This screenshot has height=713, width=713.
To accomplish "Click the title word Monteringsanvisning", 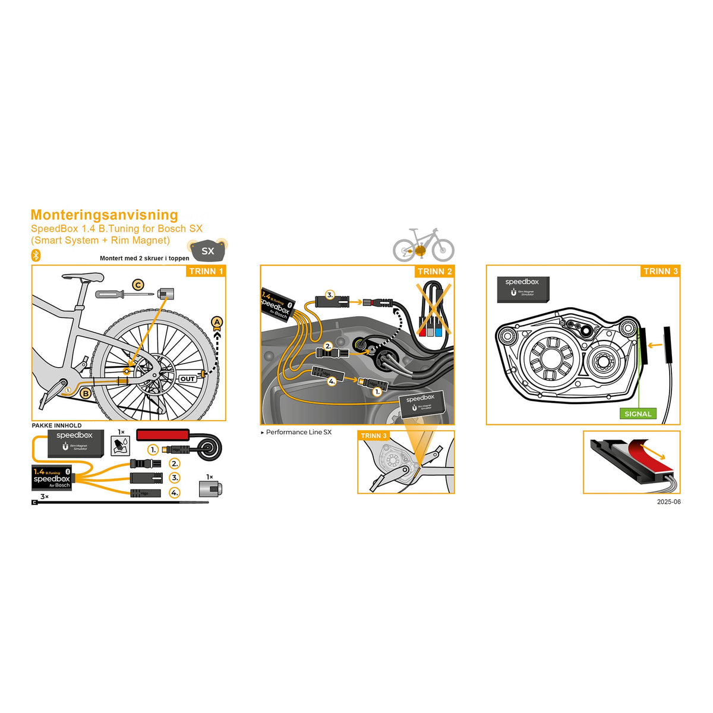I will pos(104,215).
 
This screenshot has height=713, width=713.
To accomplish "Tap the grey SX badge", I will pos(207,251).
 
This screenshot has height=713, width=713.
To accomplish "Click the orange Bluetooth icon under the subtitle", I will pos(36,255).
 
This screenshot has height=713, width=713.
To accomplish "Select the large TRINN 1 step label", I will pos(206,272).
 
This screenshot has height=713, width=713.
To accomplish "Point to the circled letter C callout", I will pos(138,285).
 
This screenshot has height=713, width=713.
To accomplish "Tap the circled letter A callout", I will pos(217,323).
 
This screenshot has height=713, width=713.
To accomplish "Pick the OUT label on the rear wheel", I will pos(188,378).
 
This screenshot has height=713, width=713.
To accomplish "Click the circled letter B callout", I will pos(86,393).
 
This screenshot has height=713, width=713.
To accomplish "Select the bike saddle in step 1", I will pos(83,276).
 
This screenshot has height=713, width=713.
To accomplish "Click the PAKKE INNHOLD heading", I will pos(56,425).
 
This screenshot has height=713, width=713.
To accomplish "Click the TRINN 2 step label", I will pos(434,272).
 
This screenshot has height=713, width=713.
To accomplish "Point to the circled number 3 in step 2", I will pos(330,294).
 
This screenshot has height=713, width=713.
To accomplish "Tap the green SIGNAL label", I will pos(638,414).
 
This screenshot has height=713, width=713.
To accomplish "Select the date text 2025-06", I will pos(668,502).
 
